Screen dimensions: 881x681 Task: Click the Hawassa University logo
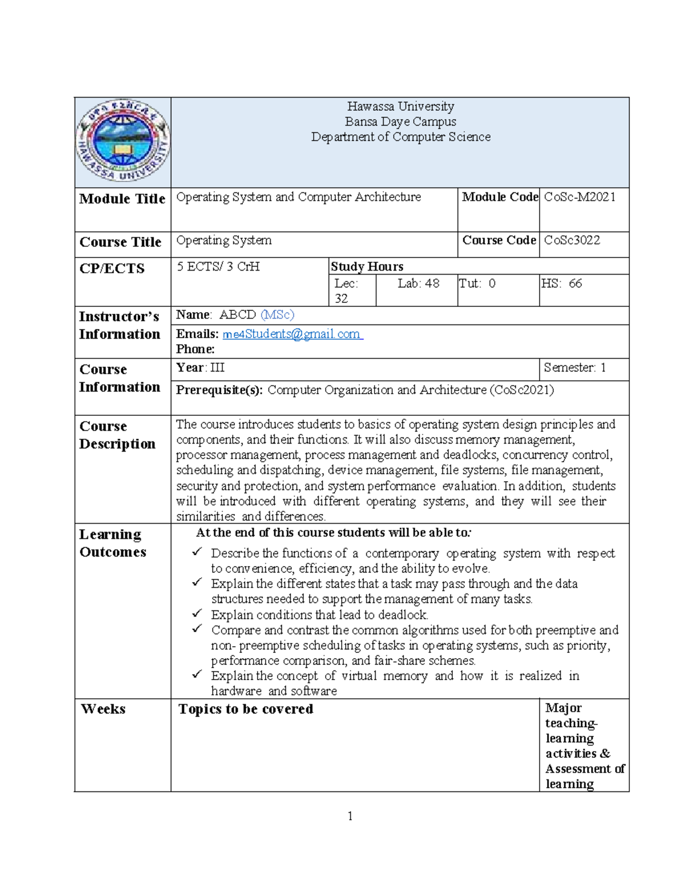(123, 141)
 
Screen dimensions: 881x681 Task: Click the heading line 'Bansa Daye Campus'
(400, 121)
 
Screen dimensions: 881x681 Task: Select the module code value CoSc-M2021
(579, 197)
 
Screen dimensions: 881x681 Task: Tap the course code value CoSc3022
(571, 240)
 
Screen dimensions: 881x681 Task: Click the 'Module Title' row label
(122, 199)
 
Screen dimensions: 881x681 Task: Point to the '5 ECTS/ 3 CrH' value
(218, 267)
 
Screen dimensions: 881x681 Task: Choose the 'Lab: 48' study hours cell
(418, 283)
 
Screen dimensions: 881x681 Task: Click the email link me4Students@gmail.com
(292, 334)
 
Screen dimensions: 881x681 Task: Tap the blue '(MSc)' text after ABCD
(277, 314)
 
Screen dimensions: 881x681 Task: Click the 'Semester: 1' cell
(574, 368)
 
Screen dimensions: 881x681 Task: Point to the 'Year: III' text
(200, 368)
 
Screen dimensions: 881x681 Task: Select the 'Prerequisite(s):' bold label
(219, 390)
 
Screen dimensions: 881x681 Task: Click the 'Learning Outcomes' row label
(112, 543)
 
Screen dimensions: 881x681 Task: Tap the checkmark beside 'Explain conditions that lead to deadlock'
(197, 613)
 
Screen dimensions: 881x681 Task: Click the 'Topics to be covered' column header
(246, 709)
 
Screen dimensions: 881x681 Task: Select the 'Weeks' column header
(103, 709)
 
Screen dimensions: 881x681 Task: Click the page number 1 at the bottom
(350, 816)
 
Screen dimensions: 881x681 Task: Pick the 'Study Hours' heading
(367, 267)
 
